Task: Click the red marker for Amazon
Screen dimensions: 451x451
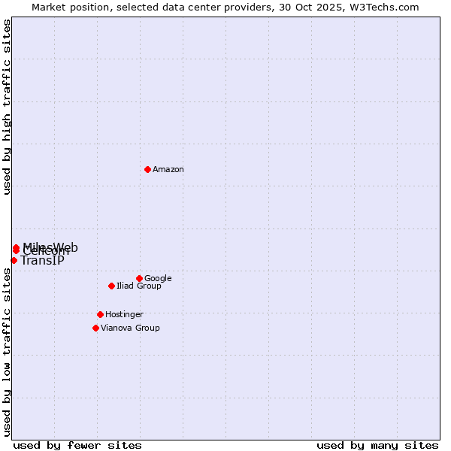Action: (x=147, y=169)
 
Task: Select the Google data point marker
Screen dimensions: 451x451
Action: (x=139, y=278)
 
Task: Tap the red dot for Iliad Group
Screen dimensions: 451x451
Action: (x=111, y=286)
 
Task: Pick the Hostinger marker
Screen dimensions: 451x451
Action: (x=100, y=314)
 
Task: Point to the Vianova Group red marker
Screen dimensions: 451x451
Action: (x=95, y=328)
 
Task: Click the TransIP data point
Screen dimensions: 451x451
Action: (x=14, y=260)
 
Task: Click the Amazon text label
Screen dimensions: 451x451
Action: (x=168, y=170)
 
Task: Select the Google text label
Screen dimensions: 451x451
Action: (x=158, y=279)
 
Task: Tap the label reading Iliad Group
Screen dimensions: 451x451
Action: (x=139, y=286)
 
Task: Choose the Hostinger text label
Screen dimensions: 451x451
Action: (x=124, y=315)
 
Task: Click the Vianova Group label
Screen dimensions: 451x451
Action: (x=130, y=328)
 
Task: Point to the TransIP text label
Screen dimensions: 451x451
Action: (x=42, y=261)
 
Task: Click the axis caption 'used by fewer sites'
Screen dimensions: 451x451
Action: (x=77, y=445)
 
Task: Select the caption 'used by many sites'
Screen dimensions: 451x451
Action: (x=377, y=445)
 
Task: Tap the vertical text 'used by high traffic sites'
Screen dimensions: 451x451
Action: (x=7, y=107)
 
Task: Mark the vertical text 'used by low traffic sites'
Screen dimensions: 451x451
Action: (x=7, y=352)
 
